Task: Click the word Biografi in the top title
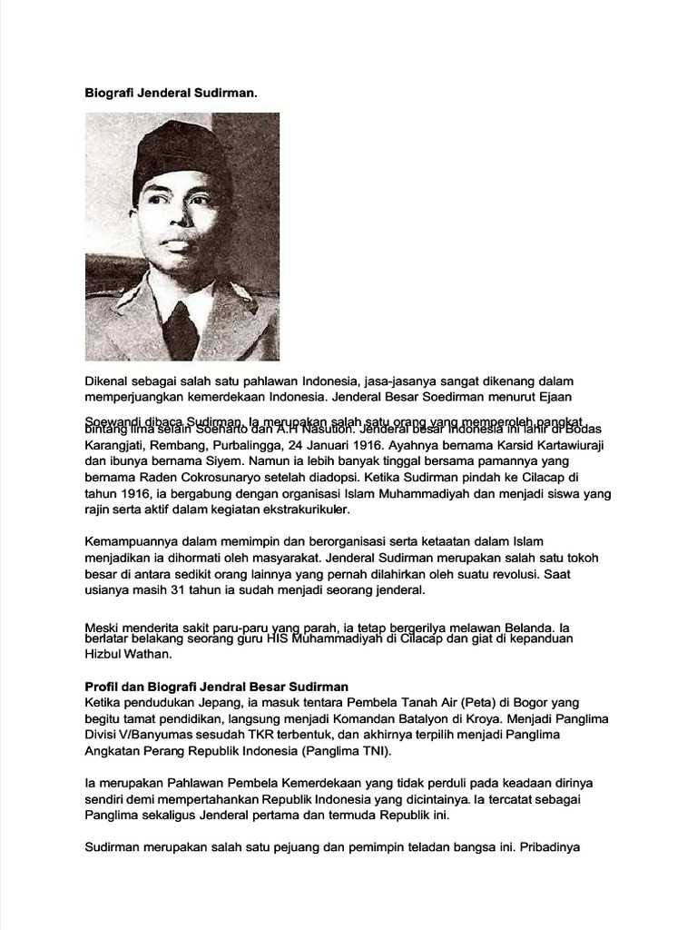click(109, 93)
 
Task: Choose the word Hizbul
click(105, 654)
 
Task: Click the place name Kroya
click(483, 718)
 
